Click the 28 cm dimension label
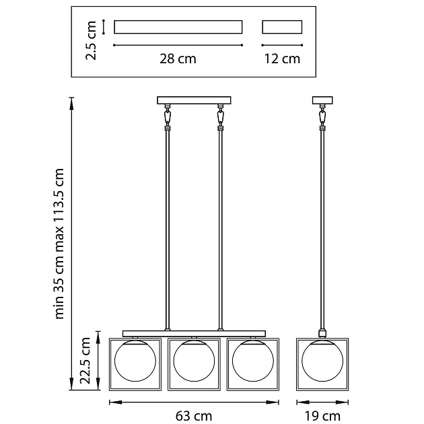click(178, 59)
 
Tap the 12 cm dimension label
click(282, 59)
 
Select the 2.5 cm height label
click(91, 40)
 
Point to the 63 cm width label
click(194, 416)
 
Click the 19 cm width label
click(322, 416)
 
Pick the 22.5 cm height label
click(85, 361)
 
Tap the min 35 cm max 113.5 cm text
click(59, 244)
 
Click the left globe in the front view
click(135, 361)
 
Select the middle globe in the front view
click(194, 361)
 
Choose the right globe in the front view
click(253, 361)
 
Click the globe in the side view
click(322, 361)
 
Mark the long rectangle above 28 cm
click(178, 27)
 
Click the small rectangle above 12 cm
click(282, 27)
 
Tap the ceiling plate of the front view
click(194, 100)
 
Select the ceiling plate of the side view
click(322, 100)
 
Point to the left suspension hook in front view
click(168, 116)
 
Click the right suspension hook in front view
click(220, 116)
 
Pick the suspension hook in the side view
click(322, 116)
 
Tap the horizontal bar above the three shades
click(194, 334)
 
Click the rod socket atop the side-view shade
click(322, 333)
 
